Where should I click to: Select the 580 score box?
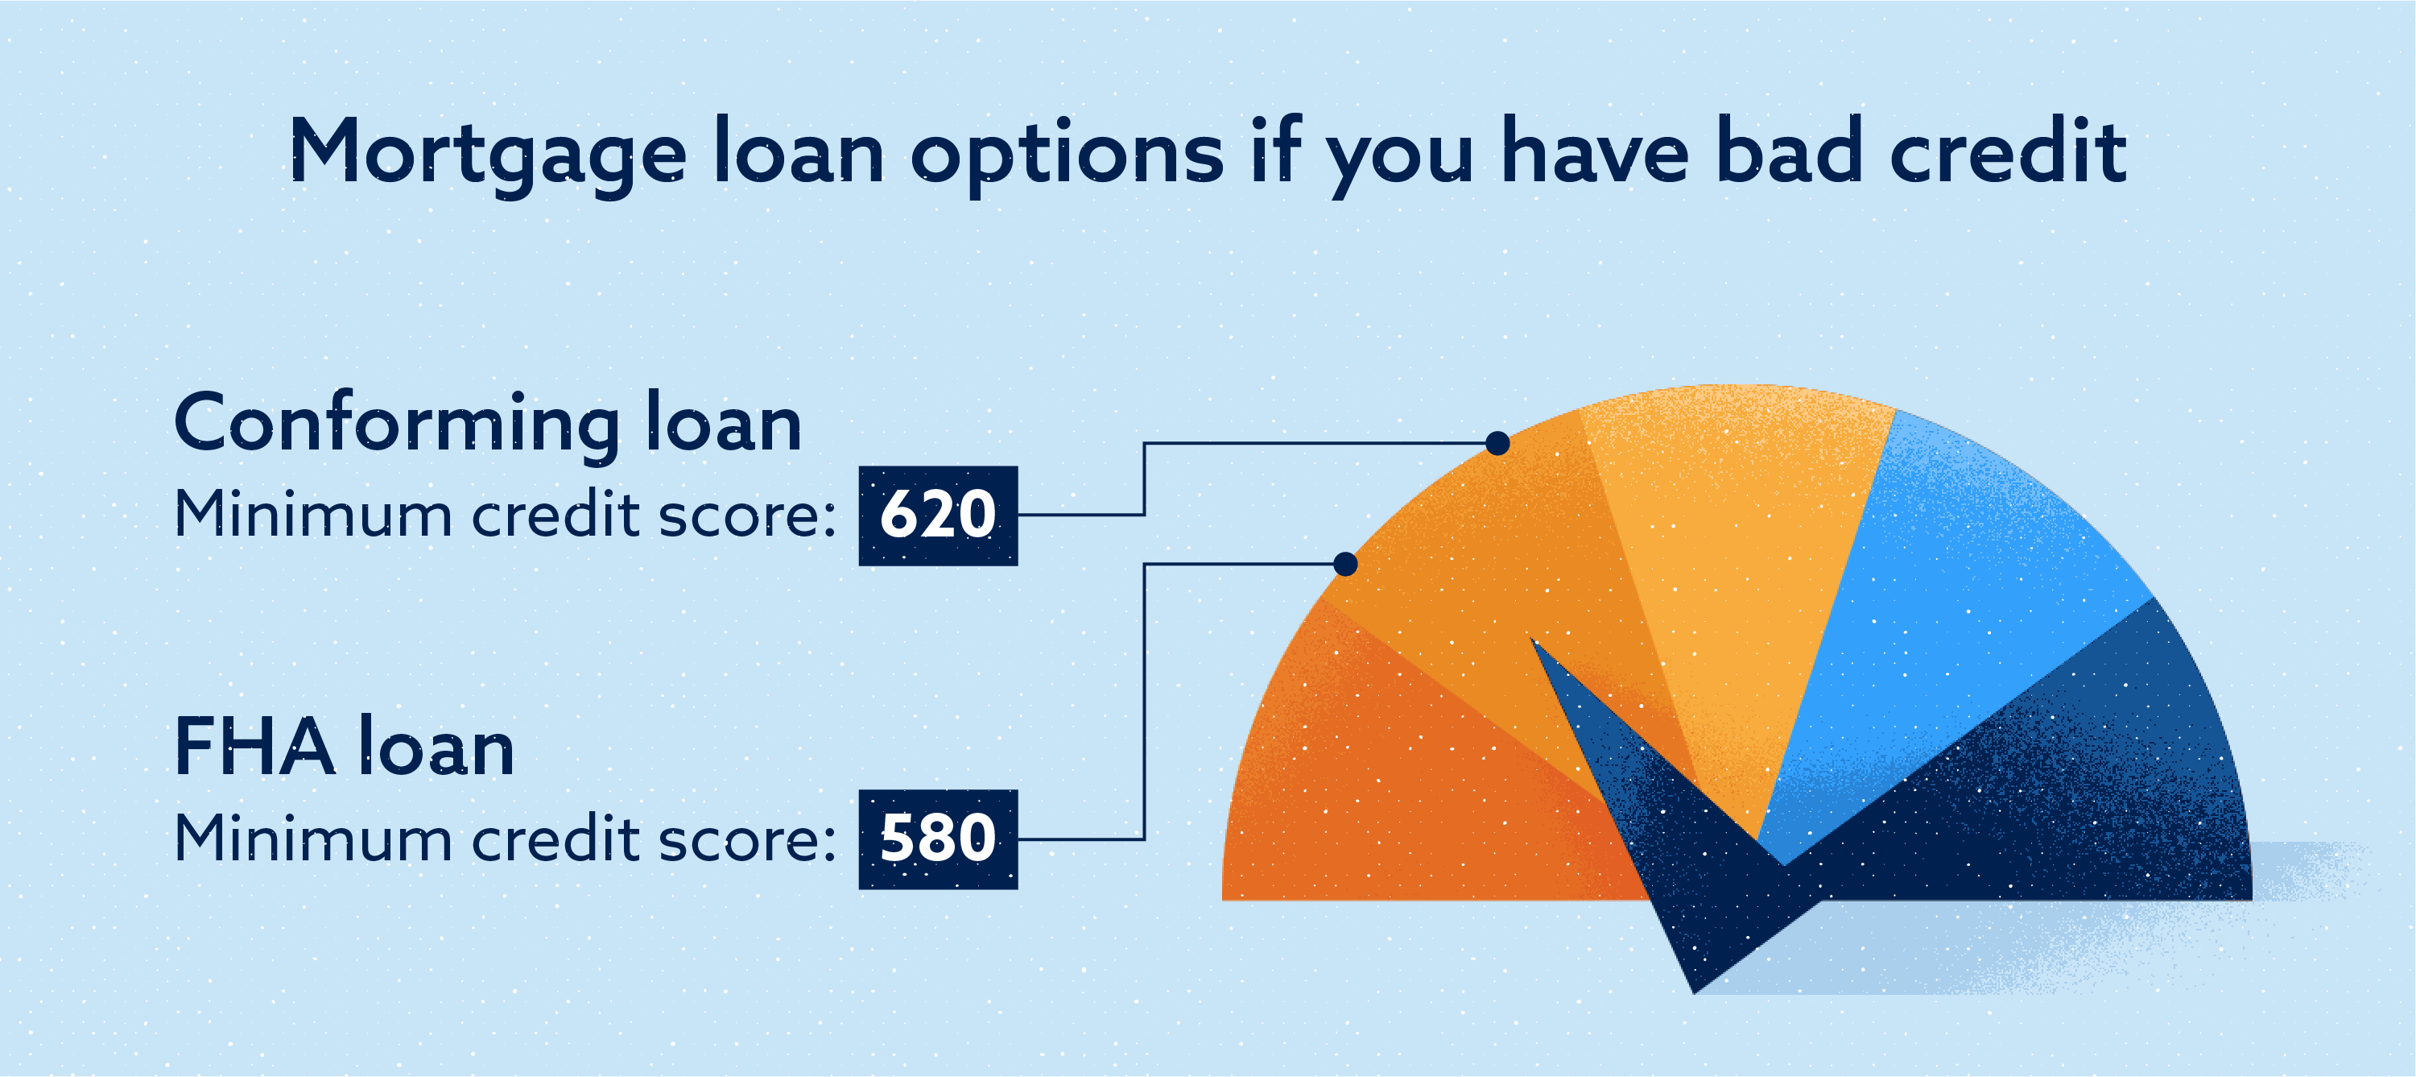tap(938, 839)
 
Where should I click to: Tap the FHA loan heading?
tap(345, 747)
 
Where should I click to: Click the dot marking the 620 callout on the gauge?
tap(1497, 443)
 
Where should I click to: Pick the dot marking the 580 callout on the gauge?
tap(1345, 563)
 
